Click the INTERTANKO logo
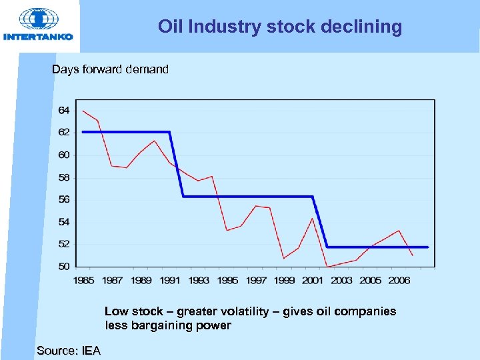(38, 25)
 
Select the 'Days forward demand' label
(110, 69)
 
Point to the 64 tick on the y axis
(64, 110)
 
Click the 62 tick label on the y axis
(64, 133)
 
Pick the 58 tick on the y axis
(64, 177)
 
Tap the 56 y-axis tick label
(64, 199)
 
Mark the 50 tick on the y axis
(64, 266)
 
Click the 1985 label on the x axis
(83, 281)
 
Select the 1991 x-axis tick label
(170, 281)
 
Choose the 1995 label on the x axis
(227, 281)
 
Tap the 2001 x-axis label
(313, 281)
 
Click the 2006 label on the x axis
(399, 281)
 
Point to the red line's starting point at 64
(83, 111)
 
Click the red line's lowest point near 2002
(327, 267)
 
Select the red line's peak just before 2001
(313, 218)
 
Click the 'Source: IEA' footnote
(69, 351)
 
